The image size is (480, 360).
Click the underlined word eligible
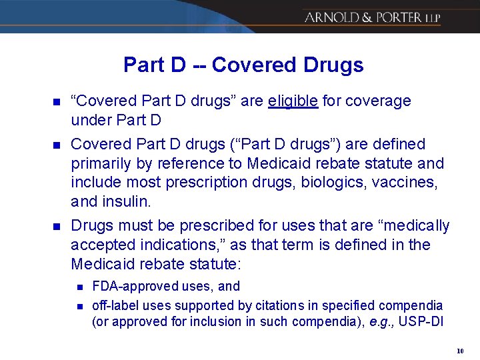(293, 101)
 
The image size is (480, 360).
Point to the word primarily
(98, 163)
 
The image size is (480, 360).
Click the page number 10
(460, 351)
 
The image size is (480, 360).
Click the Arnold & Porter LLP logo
(381, 17)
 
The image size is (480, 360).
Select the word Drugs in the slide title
(333, 65)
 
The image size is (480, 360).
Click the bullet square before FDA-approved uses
(79, 287)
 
